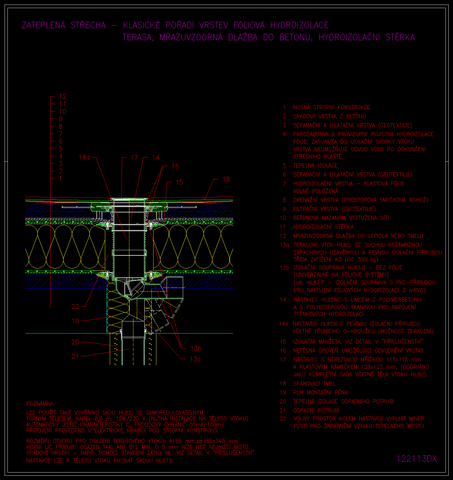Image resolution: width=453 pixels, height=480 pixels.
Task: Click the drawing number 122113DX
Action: click(417, 458)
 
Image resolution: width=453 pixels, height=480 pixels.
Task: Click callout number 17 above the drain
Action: click(134, 157)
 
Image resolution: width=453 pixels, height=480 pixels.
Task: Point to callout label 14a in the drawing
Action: click(84, 157)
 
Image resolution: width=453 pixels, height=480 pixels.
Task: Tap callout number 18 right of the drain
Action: click(226, 179)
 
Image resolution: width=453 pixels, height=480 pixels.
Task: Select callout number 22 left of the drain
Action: click(75, 306)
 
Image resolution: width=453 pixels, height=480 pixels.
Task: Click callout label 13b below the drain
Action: click(196, 348)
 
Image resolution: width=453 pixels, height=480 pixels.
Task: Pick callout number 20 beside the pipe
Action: click(75, 342)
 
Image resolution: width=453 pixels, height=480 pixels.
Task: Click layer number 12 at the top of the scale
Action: click(63, 97)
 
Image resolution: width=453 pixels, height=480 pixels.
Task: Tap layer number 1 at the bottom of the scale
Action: click(61, 179)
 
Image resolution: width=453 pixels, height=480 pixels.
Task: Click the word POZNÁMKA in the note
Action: click(40, 404)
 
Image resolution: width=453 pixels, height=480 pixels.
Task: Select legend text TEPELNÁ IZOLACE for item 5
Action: click(315, 166)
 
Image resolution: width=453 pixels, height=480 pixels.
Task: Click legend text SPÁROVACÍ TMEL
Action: click(314, 384)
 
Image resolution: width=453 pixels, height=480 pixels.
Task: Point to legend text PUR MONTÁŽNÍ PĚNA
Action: click(320, 393)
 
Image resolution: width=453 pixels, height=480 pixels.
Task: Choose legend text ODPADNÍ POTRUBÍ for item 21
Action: click(316, 410)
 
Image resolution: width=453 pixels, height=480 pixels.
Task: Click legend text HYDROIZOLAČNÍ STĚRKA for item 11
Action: click(323, 227)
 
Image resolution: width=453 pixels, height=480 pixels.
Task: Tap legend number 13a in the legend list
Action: click(284, 245)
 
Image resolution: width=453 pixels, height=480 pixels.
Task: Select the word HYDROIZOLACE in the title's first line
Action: click(300, 25)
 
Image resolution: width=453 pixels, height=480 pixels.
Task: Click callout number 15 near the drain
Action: click(179, 182)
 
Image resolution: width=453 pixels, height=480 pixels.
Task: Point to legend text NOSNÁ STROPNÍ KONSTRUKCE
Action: click(332, 107)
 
